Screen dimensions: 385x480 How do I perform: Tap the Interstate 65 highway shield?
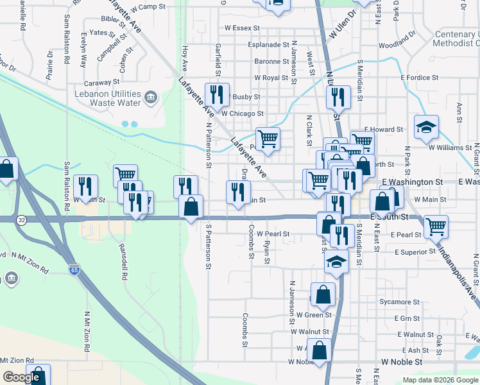pos(75,269)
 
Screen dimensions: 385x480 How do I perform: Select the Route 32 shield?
pos(21,219)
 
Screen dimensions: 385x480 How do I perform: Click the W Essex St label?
pos(241,28)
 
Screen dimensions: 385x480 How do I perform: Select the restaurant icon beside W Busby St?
pos(217,95)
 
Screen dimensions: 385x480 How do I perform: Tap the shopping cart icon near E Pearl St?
pos(436,226)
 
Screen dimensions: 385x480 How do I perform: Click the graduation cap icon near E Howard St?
pos(425,127)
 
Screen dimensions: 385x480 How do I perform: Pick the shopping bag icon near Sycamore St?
pos(323,294)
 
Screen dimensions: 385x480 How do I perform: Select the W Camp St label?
pos(148,6)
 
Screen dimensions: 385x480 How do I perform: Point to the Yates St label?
pos(103,32)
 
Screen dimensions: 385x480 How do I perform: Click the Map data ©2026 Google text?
pos(440,380)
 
